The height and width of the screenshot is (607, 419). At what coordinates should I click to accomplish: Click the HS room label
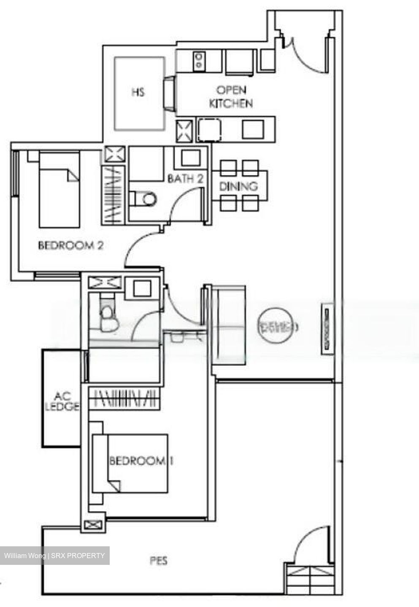coord(138,92)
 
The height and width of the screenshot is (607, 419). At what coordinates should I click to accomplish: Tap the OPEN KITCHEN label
coord(231,97)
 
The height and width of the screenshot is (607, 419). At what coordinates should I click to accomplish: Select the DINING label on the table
coord(238,186)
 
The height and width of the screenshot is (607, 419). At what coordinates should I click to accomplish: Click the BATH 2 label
coord(185,178)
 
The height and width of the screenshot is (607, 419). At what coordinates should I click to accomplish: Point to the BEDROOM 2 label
coord(70,245)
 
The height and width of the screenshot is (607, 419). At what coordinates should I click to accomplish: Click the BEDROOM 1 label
coord(141,461)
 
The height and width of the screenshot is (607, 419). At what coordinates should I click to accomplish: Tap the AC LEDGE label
coord(62,402)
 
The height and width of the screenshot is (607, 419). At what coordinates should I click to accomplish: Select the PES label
coord(158,561)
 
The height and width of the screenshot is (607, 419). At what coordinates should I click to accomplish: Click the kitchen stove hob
coord(198,60)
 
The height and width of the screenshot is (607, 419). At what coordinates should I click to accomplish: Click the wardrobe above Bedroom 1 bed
coord(125,398)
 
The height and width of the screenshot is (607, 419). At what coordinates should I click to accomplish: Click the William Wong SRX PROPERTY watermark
coord(54,556)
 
